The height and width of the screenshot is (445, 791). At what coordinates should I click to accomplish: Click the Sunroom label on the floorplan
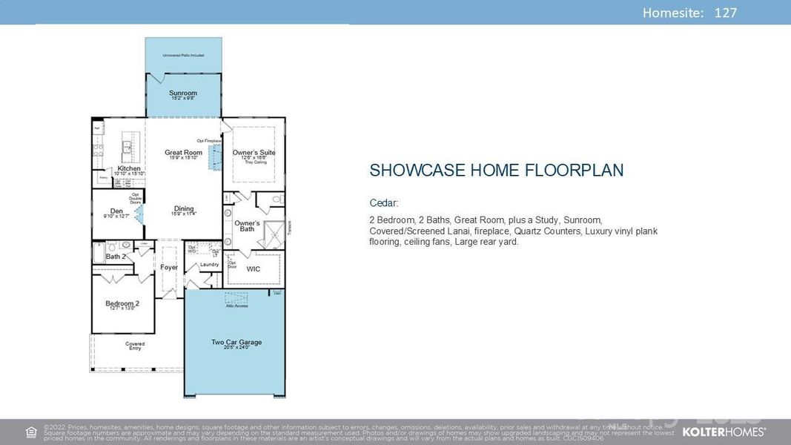[x=183, y=93]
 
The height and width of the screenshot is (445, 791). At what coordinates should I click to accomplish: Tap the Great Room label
[x=183, y=153]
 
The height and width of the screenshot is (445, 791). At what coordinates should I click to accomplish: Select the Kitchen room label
[x=129, y=168]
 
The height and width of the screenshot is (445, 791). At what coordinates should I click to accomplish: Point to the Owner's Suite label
[x=254, y=153]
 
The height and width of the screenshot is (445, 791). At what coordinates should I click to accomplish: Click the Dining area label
[x=184, y=208]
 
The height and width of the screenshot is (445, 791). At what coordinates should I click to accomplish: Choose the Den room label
[x=116, y=211]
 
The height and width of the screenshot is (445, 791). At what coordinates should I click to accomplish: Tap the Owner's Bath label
[x=247, y=225]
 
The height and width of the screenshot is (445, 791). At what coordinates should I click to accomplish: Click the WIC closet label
[x=254, y=269]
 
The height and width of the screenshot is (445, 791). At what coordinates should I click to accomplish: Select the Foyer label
[x=169, y=267]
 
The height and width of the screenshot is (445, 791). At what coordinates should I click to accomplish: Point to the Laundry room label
[x=209, y=265]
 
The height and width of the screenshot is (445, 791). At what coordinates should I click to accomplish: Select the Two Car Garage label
[x=236, y=343]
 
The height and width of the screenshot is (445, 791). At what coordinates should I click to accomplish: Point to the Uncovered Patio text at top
[x=183, y=56]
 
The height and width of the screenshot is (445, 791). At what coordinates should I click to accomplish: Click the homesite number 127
[x=725, y=13]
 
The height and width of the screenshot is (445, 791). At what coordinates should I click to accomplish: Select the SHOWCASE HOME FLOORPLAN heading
[x=496, y=171]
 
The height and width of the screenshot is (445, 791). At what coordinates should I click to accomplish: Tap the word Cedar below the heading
[x=384, y=203]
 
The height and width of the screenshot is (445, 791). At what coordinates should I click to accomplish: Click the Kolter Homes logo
[x=724, y=432]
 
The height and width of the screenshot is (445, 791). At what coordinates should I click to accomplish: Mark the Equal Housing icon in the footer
[x=31, y=432]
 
